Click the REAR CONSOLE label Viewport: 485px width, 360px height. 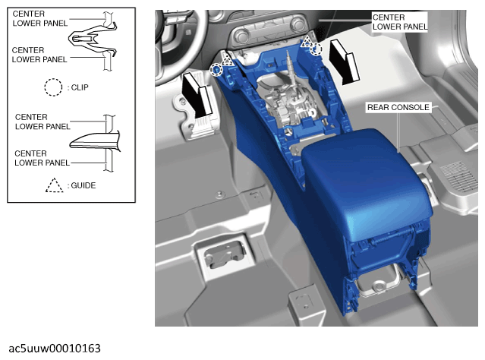pyautogui.click(x=398, y=107)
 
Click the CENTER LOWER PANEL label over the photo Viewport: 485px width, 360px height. pyautogui.click(x=400, y=22)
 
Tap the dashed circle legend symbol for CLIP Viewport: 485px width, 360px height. pyautogui.click(x=53, y=87)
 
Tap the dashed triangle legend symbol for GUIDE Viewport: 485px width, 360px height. pyautogui.click(x=55, y=185)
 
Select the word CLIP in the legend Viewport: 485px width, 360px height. pyautogui.click(x=80, y=87)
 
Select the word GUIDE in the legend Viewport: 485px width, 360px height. pyautogui.click(x=83, y=185)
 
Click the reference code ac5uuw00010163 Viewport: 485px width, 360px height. pyautogui.click(x=55, y=349)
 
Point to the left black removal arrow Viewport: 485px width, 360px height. pyautogui.click(x=197, y=94)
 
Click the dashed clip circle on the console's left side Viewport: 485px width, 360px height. pyautogui.click(x=216, y=70)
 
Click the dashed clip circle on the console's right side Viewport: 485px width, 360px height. pyautogui.click(x=316, y=49)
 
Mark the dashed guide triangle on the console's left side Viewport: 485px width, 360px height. pyautogui.click(x=226, y=59)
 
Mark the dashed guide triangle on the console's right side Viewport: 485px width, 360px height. pyautogui.click(x=307, y=42)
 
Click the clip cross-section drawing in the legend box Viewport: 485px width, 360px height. pyautogui.click(x=93, y=40)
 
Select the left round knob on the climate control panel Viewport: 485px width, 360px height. pyautogui.click(x=241, y=36)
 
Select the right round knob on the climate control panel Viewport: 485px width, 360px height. pyautogui.click(x=298, y=24)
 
